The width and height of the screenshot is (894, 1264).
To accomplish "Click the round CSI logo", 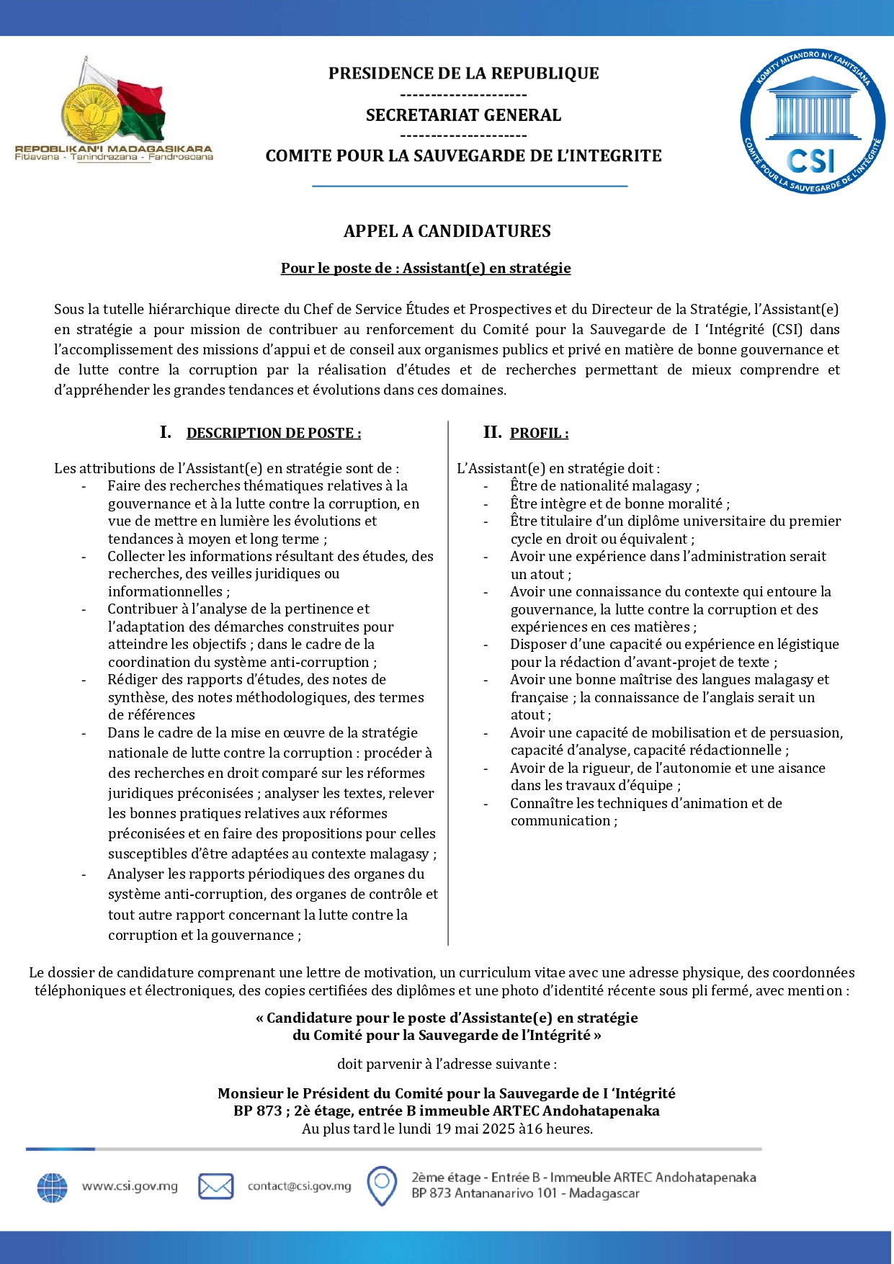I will click(x=812, y=122).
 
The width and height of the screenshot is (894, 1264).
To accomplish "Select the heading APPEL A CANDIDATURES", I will click(x=447, y=231).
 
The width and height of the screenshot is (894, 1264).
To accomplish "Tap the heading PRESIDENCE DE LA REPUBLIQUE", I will click(x=463, y=73).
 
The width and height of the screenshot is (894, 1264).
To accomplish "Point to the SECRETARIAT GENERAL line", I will click(x=463, y=115).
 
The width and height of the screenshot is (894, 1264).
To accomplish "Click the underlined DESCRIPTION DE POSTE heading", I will click(x=274, y=433).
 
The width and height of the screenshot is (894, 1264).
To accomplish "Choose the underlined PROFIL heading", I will click(x=539, y=433).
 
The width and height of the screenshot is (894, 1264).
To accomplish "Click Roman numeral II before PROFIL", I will click(x=492, y=432).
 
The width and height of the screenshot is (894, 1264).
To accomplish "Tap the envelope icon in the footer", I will click(x=215, y=1186).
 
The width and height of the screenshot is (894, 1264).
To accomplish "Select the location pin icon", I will click(x=382, y=1185).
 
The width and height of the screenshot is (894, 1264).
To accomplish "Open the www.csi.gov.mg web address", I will click(x=130, y=1186).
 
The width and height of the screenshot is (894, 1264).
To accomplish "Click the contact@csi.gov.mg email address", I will click(x=300, y=1186).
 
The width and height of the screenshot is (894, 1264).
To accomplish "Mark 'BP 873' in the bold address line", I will click(x=257, y=1111).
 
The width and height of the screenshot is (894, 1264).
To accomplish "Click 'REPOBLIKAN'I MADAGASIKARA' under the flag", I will click(x=114, y=149).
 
